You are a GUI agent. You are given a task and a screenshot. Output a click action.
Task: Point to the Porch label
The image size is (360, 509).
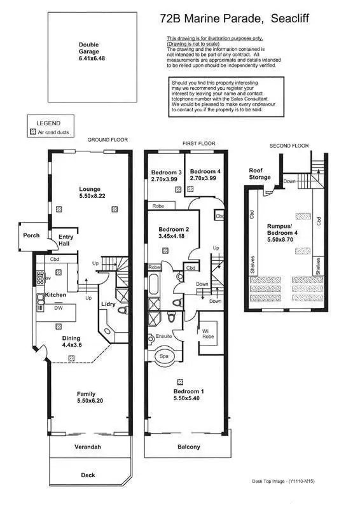[x=31, y=235]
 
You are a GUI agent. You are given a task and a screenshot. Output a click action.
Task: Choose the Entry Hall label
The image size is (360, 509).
[x=66, y=241]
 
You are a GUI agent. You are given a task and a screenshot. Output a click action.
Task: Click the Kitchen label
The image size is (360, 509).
[x=56, y=295]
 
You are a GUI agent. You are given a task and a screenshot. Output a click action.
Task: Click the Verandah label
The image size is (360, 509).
[x=88, y=447]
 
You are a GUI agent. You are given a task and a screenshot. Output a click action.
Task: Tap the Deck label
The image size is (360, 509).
[x=88, y=475]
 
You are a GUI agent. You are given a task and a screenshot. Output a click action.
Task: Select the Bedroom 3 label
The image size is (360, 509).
[x=166, y=176]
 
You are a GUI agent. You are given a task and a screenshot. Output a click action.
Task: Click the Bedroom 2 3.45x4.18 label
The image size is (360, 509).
[x=173, y=233]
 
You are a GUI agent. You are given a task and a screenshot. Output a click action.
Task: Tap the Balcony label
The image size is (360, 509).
[x=189, y=447]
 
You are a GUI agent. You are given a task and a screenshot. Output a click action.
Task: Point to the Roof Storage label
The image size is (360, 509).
[x=260, y=174]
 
